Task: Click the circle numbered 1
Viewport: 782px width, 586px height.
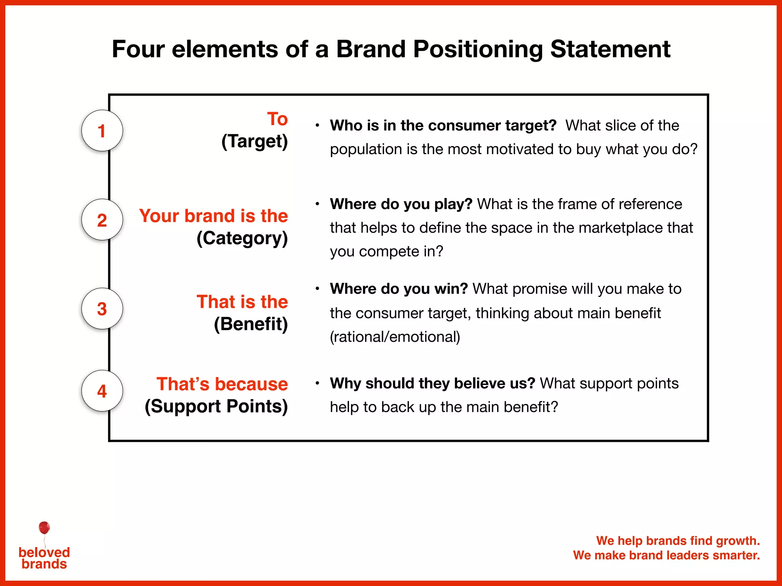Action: coord(102,130)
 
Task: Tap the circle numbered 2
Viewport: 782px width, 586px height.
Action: coord(102,220)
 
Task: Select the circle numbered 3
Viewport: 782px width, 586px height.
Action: coord(102,308)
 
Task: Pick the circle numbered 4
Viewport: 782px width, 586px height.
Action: coord(102,391)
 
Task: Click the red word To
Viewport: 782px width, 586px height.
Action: coord(277,119)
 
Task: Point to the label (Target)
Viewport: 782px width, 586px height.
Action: coord(255,142)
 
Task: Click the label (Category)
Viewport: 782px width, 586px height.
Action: coord(242,238)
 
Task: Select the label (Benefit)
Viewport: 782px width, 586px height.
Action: coord(251,324)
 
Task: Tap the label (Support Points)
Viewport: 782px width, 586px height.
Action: coord(216,406)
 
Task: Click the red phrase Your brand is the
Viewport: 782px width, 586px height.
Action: coord(213,216)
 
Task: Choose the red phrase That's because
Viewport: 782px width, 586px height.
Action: coord(222,384)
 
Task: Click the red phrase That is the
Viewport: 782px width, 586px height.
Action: coord(242,302)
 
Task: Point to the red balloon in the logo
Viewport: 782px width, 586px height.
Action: coord(44,528)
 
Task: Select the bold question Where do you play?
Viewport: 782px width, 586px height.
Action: coord(401,204)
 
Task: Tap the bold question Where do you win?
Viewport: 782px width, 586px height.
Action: coord(399,289)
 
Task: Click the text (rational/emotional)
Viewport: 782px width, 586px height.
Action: coord(395,337)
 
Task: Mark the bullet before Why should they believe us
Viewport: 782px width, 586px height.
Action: coord(317,383)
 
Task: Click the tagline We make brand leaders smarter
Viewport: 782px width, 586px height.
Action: coord(666,555)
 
